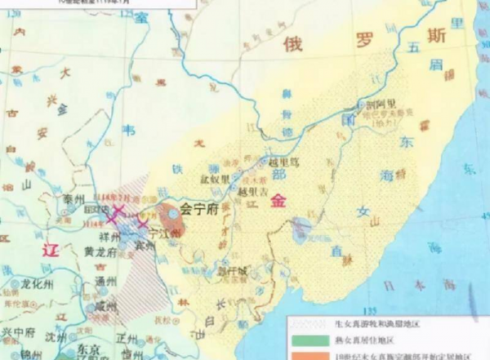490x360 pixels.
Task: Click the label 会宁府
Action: click(201, 209)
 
